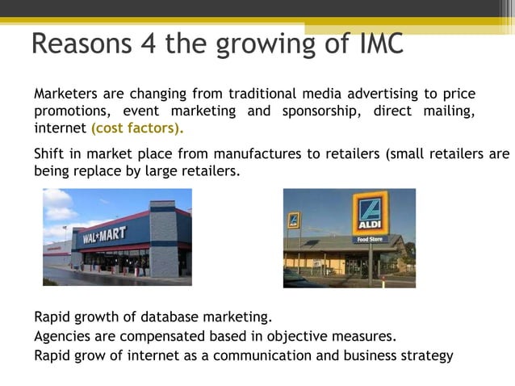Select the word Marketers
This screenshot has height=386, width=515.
tap(65, 94)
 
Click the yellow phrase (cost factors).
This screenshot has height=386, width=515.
tap(137, 128)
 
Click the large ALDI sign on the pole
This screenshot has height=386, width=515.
tap(371, 215)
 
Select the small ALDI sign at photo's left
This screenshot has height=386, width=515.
tap(294, 220)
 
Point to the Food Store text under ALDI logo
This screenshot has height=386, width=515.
tap(371, 239)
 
